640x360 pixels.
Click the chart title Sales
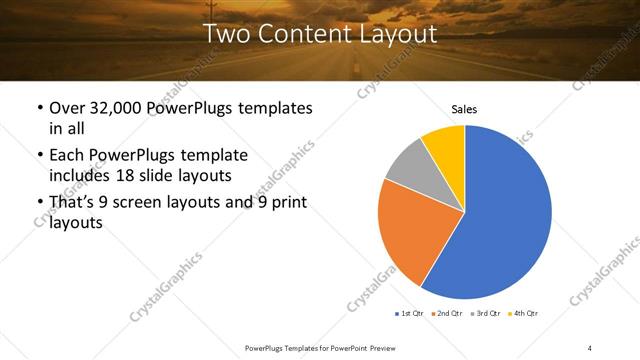pos(465,109)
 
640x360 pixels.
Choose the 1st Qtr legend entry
pos(411,314)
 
